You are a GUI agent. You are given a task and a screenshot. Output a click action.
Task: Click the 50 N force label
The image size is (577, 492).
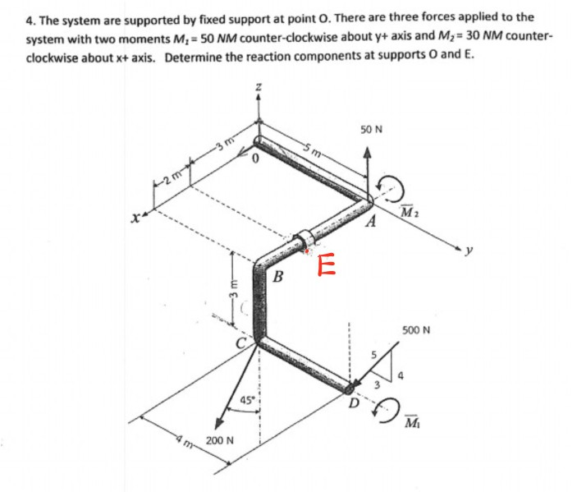(x=371, y=130)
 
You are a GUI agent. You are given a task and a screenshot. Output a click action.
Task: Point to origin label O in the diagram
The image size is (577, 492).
(x=255, y=161)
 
